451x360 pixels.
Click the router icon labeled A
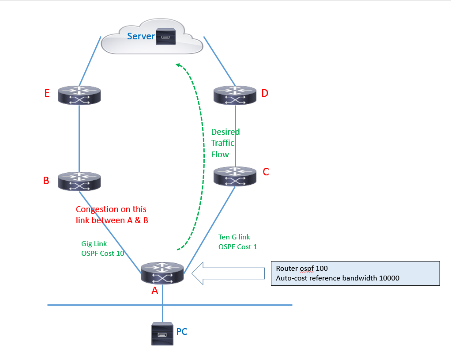pyautogui.click(x=162, y=273)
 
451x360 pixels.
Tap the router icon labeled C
pyautogui.click(x=235, y=175)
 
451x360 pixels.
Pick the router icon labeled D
pyautogui.click(x=235, y=95)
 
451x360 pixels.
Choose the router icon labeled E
pyautogui.click(x=79, y=95)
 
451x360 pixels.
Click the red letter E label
pyautogui.click(x=47, y=93)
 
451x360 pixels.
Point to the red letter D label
pyautogui.click(x=265, y=93)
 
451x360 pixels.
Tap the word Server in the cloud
pyautogui.click(x=141, y=36)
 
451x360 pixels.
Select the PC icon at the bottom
pyautogui.click(x=162, y=333)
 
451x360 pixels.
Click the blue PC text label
pyautogui.click(x=182, y=331)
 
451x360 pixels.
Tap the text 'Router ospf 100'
pyautogui.click(x=301, y=268)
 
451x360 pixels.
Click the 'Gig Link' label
pyautogui.click(x=94, y=243)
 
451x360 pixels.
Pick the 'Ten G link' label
pyautogui.click(x=234, y=237)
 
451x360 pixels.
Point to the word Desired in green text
pyautogui.click(x=225, y=132)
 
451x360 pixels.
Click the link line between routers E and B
pyautogui.click(x=79, y=137)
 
